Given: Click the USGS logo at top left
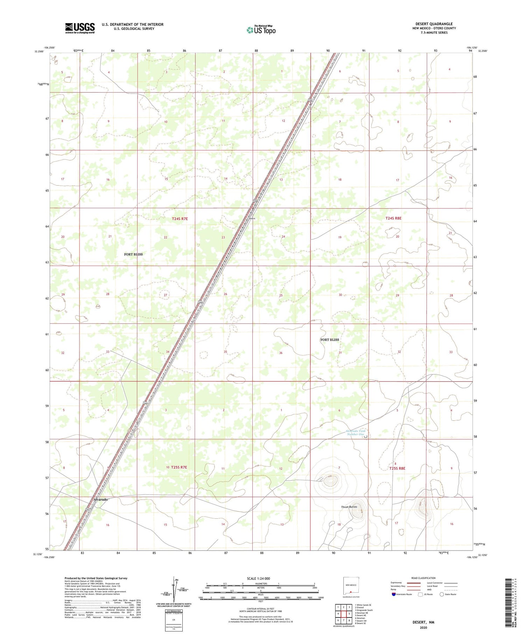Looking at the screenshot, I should click(x=80, y=28).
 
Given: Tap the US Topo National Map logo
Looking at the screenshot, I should click(x=261, y=30).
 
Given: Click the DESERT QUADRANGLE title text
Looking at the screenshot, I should click(x=434, y=24).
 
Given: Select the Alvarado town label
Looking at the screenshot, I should click(x=100, y=499).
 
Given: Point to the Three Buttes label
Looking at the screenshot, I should click(x=349, y=507).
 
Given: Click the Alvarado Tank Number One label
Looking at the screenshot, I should click(x=355, y=433).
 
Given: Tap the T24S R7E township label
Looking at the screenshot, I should click(x=180, y=219).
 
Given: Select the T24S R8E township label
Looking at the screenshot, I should click(x=393, y=218).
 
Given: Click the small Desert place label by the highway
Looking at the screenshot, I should click(x=252, y=219).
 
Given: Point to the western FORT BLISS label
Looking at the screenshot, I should click(x=133, y=254).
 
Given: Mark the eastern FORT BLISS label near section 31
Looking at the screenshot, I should click(x=329, y=340).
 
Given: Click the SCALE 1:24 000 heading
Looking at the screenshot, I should click(x=258, y=578).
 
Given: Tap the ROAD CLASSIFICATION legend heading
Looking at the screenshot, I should click(x=423, y=578).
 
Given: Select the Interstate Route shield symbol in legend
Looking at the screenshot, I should click(x=394, y=594).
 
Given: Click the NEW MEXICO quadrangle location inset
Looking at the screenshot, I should click(x=350, y=587).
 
